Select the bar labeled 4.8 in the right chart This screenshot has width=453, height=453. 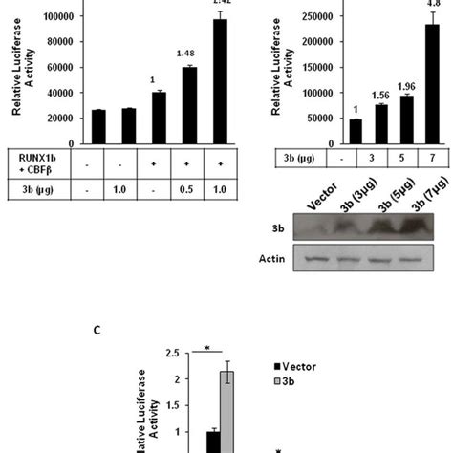click(406, 84)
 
